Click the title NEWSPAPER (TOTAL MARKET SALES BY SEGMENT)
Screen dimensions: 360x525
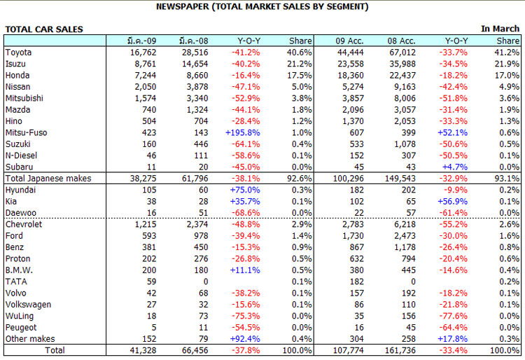click(x=262, y=6)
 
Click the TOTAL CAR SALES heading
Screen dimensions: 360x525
click(x=44, y=29)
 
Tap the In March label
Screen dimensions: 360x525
click(x=500, y=29)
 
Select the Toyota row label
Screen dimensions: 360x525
click(x=20, y=53)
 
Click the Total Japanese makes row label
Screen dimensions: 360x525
click(x=48, y=179)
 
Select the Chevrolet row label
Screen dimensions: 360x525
click(x=24, y=224)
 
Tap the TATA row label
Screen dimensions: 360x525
click(x=16, y=282)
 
